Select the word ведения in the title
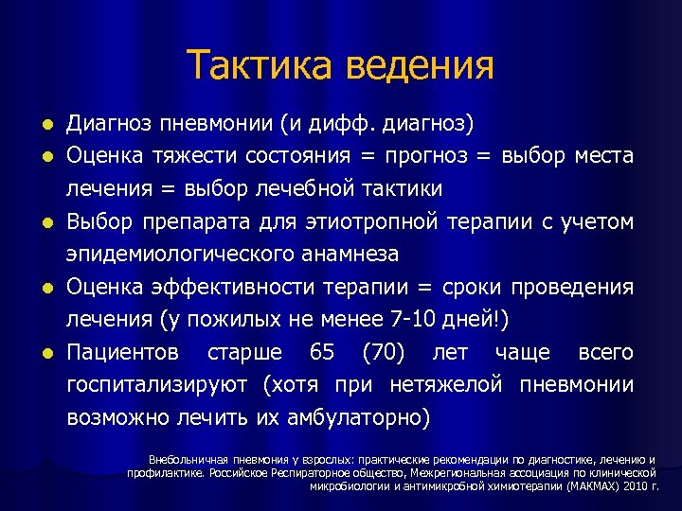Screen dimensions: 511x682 (421, 65)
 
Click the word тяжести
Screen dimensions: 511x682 (194, 155)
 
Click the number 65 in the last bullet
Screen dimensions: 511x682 (322, 353)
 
